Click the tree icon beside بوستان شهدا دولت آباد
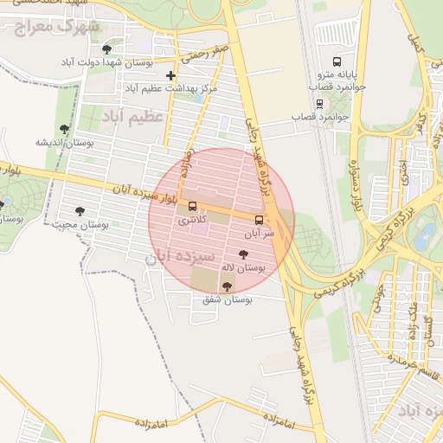[106, 49]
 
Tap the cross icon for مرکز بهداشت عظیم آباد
[170, 75]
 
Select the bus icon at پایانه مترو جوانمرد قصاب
[337, 62]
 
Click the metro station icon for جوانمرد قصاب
[319, 103]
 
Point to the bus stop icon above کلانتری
[192, 207]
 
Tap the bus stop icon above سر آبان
[259, 219]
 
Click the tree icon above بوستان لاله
[241, 254]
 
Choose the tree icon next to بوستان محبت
[80, 211]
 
